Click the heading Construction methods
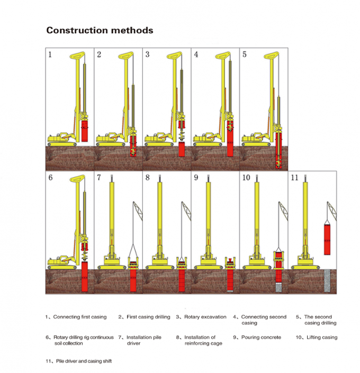[100, 30]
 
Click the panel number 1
[50, 54]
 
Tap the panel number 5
[244, 54]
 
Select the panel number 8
[148, 178]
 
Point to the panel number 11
[295, 178]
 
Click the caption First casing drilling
[148, 317]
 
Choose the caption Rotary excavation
[205, 317]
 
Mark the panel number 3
[147, 54]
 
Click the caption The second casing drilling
[319, 320]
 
